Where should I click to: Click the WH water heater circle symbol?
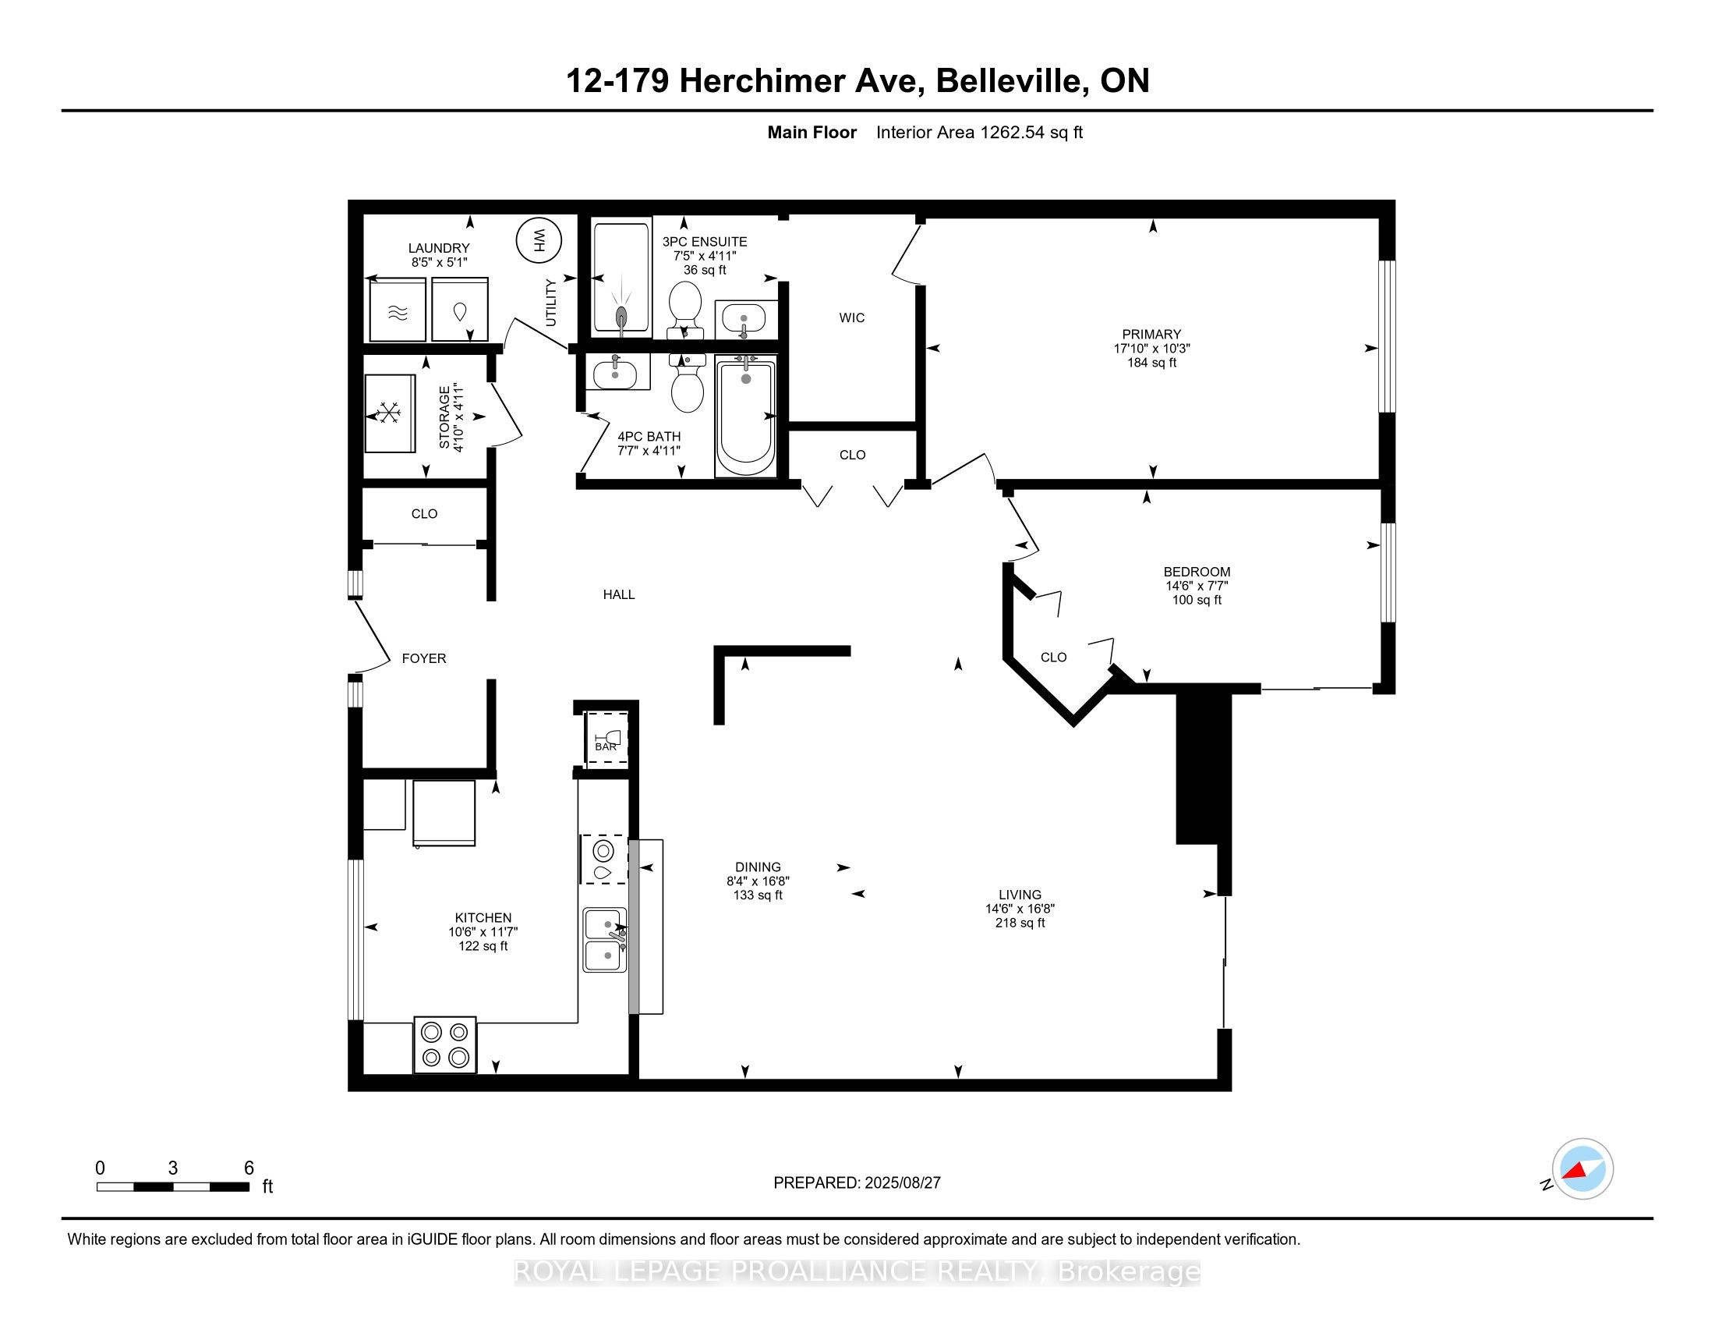coord(539,239)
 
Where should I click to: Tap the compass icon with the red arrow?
coord(1582,1169)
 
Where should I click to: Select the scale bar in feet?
coord(173,1186)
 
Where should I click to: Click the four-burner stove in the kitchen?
coord(445,1044)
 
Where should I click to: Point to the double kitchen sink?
coord(606,941)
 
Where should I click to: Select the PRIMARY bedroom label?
coord(1151,335)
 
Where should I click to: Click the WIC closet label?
coord(852,318)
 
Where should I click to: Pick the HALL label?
coord(619,594)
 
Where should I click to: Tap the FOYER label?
coord(424,658)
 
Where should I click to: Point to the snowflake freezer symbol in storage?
coord(390,413)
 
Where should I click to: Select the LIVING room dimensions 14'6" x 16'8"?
coord(1020,909)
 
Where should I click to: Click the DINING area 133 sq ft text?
coord(758,895)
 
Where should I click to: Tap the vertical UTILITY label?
coord(551,303)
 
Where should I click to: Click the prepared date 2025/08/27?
coord(901,1183)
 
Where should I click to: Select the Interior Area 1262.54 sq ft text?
coord(979,133)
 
